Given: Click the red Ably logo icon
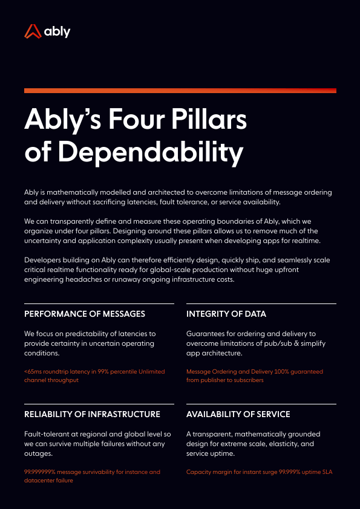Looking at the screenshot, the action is (33, 31).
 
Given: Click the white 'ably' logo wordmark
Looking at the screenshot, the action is (57, 31).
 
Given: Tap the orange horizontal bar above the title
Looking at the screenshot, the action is (180, 91).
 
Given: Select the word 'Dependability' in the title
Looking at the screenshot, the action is (151, 152).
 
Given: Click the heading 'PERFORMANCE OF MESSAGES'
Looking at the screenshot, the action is (85, 314).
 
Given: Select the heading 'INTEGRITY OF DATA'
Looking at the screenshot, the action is (226, 314).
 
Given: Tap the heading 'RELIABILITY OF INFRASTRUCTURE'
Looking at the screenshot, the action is (93, 414).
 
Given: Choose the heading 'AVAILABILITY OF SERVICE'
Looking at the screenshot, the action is (238, 414).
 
